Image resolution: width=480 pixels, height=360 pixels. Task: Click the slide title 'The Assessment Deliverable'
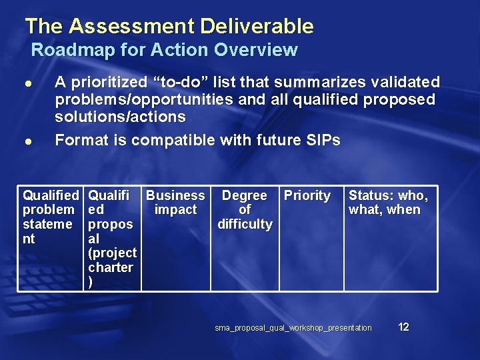(169, 26)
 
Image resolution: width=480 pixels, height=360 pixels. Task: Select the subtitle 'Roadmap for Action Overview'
(164, 50)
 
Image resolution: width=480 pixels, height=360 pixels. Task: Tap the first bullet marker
(29, 83)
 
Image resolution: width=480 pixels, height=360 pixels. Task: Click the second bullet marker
(29, 141)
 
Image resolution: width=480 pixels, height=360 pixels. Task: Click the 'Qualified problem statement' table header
(50, 217)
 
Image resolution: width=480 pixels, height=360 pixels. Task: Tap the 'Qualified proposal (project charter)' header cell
(112, 238)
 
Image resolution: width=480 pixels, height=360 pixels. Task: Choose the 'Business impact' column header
(175, 203)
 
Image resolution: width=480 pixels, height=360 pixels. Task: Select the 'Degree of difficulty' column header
(245, 209)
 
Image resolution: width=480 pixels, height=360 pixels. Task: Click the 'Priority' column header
(307, 195)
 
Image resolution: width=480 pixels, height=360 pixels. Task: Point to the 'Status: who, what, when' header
(388, 203)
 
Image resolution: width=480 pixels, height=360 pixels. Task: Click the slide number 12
(403, 327)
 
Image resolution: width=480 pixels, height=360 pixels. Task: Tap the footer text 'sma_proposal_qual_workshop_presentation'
(293, 328)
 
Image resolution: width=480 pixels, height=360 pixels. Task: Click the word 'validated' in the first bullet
(402, 82)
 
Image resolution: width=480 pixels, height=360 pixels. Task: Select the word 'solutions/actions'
(120, 117)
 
